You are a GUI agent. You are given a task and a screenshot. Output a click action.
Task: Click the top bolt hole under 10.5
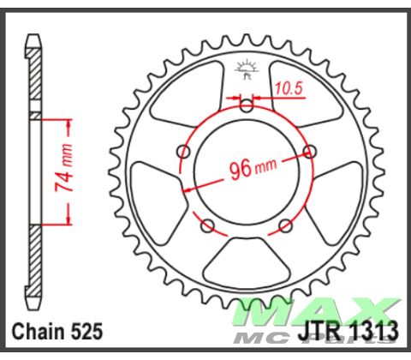[x=247, y=106]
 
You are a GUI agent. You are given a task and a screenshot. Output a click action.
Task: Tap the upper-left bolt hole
[x=182, y=153]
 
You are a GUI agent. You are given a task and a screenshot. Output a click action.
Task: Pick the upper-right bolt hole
[x=311, y=152]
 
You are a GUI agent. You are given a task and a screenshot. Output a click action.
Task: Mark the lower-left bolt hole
[x=207, y=227]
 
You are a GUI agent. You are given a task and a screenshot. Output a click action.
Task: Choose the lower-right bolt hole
[x=287, y=227]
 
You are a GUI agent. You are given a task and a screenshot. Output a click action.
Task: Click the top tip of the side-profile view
[x=33, y=38]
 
